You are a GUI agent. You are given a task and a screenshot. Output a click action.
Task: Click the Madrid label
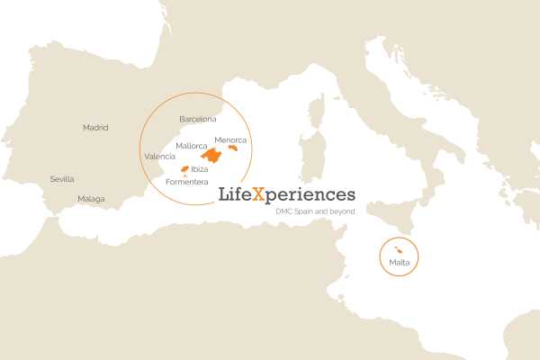[95, 128]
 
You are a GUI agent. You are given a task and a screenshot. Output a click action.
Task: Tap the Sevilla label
[62, 179]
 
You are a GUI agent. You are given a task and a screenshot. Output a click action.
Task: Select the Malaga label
[91, 198]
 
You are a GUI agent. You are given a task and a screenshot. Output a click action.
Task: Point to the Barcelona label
[198, 119]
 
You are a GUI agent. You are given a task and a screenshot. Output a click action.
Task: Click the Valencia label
[159, 157]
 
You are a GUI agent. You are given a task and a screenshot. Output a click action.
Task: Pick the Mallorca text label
[192, 146]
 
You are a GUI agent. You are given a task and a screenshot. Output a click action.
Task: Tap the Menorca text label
[231, 139]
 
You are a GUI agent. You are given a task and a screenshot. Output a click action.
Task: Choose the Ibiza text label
[200, 169]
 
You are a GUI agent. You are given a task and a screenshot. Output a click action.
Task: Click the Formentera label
[187, 183]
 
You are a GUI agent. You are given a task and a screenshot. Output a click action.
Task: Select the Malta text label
[400, 262]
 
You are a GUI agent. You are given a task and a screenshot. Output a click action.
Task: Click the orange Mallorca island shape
[212, 155]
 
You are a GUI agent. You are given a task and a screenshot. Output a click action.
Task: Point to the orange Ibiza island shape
[184, 169]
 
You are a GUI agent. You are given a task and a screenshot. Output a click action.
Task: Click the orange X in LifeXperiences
[259, 194]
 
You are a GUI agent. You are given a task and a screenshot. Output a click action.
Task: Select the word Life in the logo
[236, 194]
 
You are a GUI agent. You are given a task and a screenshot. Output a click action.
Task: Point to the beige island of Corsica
[317, 115]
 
